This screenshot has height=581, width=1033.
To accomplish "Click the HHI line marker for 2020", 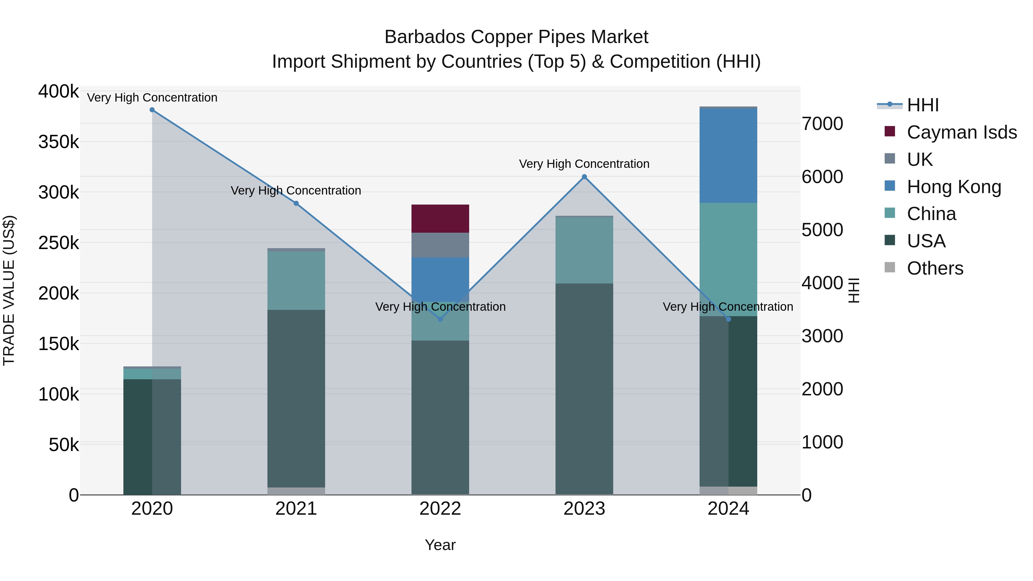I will click(152, 110).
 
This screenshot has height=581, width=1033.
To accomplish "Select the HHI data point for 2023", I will click(584, 177).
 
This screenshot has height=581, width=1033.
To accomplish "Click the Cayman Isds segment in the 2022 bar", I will click(440, 219).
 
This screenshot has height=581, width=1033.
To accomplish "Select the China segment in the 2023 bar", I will click(584, 250).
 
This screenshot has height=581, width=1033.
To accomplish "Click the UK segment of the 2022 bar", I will click(440, 245).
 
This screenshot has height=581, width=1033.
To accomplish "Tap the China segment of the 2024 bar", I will click(728, 259).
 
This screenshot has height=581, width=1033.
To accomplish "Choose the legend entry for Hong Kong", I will click(954, 187).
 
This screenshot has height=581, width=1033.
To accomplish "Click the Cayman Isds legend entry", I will click(961, 132).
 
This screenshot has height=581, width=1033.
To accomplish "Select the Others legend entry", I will click(934, 268).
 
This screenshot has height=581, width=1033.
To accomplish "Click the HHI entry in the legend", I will click(922, 105).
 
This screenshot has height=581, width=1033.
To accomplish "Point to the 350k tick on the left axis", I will click(59, 142).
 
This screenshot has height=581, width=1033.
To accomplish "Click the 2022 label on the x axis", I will click(440, 509).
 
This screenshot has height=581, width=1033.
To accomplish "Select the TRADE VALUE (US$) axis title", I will click(9, 290).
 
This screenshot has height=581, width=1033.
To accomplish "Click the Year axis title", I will click(440, 545).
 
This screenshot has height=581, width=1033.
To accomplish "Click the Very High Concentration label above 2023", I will click(584, 164).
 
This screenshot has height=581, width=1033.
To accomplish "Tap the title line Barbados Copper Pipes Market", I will click(516, 37).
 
